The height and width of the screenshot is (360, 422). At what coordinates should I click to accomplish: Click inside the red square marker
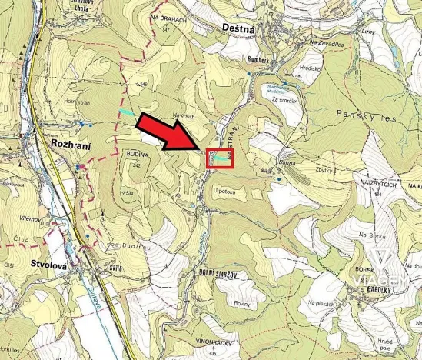pos(219,156)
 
